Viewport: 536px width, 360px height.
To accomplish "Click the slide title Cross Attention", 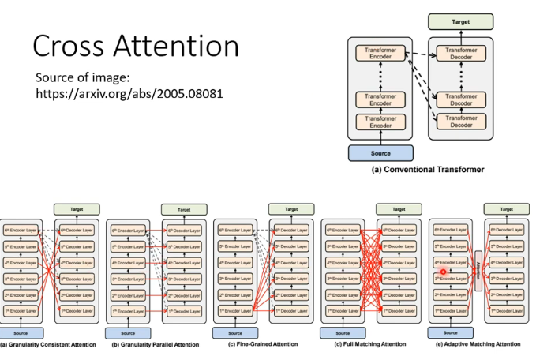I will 136,46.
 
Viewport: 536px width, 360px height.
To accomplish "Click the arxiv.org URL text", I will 129,93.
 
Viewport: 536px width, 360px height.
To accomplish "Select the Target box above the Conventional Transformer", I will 460,22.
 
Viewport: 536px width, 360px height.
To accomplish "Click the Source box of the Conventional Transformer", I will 381,153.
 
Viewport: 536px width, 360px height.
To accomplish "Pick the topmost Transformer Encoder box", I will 381,54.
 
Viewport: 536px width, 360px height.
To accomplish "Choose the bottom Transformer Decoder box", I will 460,122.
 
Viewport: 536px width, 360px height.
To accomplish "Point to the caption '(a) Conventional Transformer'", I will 427,169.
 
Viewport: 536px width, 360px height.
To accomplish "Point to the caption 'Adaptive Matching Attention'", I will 478,344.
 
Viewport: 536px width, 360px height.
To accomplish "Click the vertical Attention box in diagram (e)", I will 477,270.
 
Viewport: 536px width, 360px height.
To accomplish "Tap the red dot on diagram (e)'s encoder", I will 444,272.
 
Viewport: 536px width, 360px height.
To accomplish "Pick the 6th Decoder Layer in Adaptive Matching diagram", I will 507,230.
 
